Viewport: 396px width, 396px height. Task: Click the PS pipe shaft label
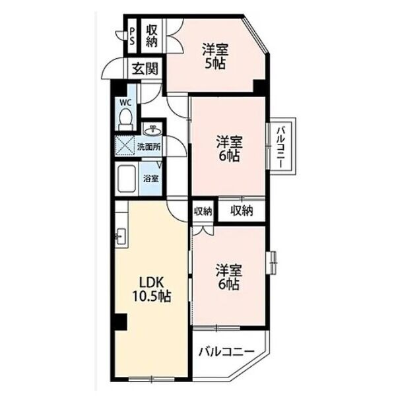(x=132, y=36)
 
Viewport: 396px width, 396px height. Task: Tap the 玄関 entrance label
(x=145, y=69)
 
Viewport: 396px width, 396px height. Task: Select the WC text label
(x=125, y=102)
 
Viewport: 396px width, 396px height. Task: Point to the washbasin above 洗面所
(x=152, y=130)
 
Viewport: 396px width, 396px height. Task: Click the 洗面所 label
(x=148, y=147)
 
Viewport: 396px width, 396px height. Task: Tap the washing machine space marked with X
(x=125, y=145)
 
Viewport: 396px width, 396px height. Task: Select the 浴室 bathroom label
(x=150, y=179)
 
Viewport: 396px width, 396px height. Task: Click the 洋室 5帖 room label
(x=215, y=56)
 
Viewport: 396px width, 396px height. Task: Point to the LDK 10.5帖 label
(x=152, y=289)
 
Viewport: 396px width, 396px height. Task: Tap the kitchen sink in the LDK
(x=122, y=236)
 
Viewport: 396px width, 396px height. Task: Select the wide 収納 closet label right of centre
(x=242, y=211)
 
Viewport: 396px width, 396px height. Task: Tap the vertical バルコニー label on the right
(x=281, y=147)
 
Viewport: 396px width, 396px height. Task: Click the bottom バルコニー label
(x=226, y=351)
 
